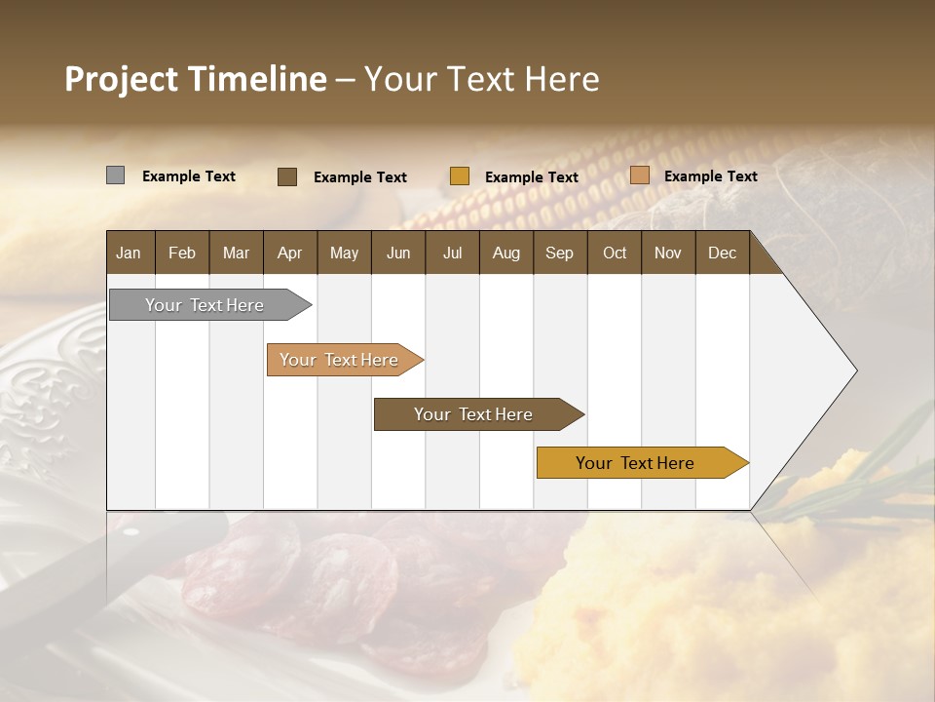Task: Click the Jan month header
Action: pyautogui.click(x=129, y=253)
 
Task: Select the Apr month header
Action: pyautogui.click(x=289, y=253)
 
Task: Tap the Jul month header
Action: pyautogui.click(x=452, y=253)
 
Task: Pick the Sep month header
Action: pyautogui.click(x=559, y=253)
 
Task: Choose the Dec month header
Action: pyautogui.click(x=722, y=253)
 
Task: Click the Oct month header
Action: pyautogui.click(x=615, y=253)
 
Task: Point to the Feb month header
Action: pyautogui.click(x=182, y=253)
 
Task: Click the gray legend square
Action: pyautogui.click(x=115, y=175)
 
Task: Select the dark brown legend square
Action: pyautogui.click(x=287, y=176)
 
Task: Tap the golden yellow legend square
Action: pyautogui.click(x=460, y=176)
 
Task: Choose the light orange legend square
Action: pyautogui.click(x=640, y=175)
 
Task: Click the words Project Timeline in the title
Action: pyautogui.click(x=195, y=79)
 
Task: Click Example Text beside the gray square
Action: pyautogui.click(x=189, y=176)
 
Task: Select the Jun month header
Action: pyautogui.click(x=398, y=253)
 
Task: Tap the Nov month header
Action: pyautogui.click(x=668, y=253)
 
